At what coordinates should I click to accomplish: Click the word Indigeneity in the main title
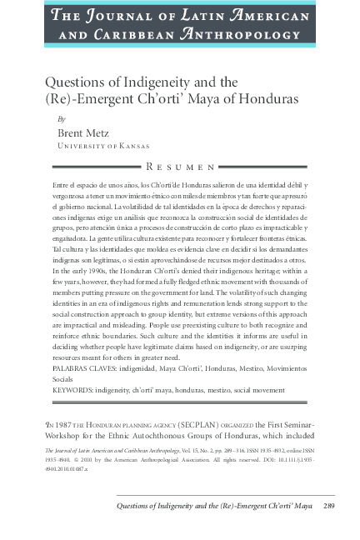pyautogui.click(x=158, y=82)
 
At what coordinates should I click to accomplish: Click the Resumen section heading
pyautogui.click(x=180, y=167)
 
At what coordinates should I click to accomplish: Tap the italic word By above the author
pyautogui.click(x=61, y=119)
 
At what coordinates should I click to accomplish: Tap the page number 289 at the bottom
pyautogui.click(x=328, y=505)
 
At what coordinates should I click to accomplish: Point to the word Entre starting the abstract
pyautogui.click(x=62, y=183)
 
